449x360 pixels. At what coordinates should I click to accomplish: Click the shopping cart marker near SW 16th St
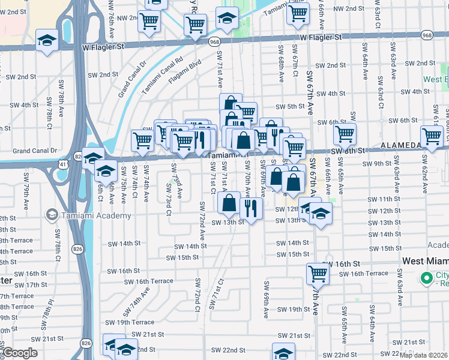318,274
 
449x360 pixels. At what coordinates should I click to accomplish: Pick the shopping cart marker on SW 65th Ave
345,133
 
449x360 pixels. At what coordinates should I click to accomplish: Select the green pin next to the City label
427,278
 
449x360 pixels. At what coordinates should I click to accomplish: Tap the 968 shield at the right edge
427,35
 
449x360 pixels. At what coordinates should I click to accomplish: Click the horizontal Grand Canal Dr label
34,151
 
